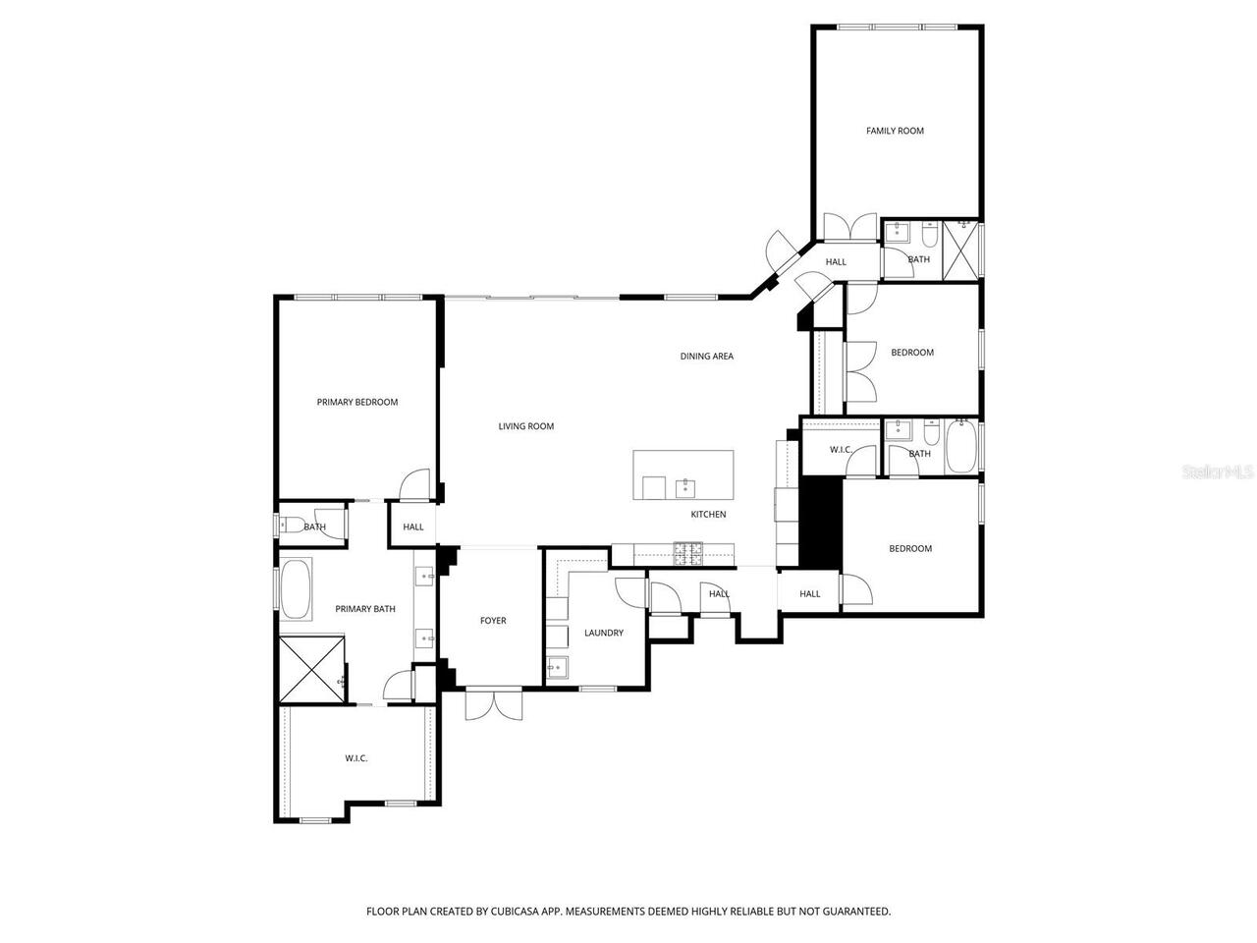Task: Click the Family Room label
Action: tap(894, 131)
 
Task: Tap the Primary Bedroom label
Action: tap(356, 402)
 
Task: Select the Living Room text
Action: tap(525, 426)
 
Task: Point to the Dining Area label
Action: tap(706, 357)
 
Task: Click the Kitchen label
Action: tap(708, 515)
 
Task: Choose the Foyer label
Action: tap(492, 621)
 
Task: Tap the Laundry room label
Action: tap(603, 634)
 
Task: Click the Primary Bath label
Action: tap(364, 609)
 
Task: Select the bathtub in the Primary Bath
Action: tap(296, 589)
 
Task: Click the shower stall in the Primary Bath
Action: tap(312, 669)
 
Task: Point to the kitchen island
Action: tap(683, 474)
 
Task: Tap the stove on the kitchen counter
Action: tap(687, 555)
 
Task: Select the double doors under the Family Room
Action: tap(849, 227)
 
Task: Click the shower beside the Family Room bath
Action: tap(961, 250)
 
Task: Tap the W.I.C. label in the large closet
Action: tap(355, 758)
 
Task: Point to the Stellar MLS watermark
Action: tap(1218, 472)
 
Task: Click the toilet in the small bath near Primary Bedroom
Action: tap(289, 526)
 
